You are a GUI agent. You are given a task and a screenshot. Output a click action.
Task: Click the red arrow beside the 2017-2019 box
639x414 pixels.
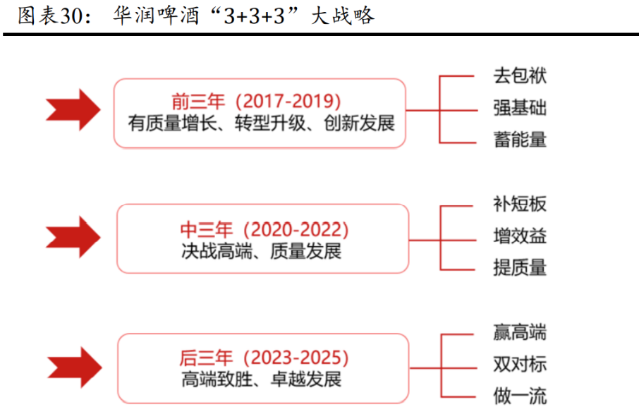73,109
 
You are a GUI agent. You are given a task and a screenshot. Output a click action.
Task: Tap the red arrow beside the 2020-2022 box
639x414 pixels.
73,237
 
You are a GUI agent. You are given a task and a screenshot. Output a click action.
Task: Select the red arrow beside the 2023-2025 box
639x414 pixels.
75,367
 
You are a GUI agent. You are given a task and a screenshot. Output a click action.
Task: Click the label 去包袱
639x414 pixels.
520,75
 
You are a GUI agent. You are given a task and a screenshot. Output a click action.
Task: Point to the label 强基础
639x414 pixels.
520,108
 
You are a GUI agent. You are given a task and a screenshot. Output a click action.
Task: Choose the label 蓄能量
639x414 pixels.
520,140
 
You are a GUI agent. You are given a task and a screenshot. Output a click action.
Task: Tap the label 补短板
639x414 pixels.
520,204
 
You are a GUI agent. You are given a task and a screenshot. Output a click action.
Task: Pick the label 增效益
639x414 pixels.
520,236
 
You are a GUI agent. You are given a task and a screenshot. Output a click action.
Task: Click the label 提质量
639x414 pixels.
520,268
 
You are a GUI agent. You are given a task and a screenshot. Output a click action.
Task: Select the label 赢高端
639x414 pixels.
520,331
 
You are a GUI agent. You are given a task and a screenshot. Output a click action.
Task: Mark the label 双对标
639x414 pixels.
520,364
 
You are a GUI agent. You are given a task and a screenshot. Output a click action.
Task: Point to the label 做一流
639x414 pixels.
520,396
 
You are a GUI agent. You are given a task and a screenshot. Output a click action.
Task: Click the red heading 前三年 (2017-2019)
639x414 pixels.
256,101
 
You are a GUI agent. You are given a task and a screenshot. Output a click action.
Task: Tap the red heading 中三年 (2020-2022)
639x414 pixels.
264,229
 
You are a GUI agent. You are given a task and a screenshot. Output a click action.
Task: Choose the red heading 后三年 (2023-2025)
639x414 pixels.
264,358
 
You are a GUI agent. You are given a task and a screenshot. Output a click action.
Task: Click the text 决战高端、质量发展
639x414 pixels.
261,251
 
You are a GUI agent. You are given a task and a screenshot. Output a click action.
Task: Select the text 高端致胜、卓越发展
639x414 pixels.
261,379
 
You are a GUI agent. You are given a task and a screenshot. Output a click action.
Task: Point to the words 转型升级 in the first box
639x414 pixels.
270,123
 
